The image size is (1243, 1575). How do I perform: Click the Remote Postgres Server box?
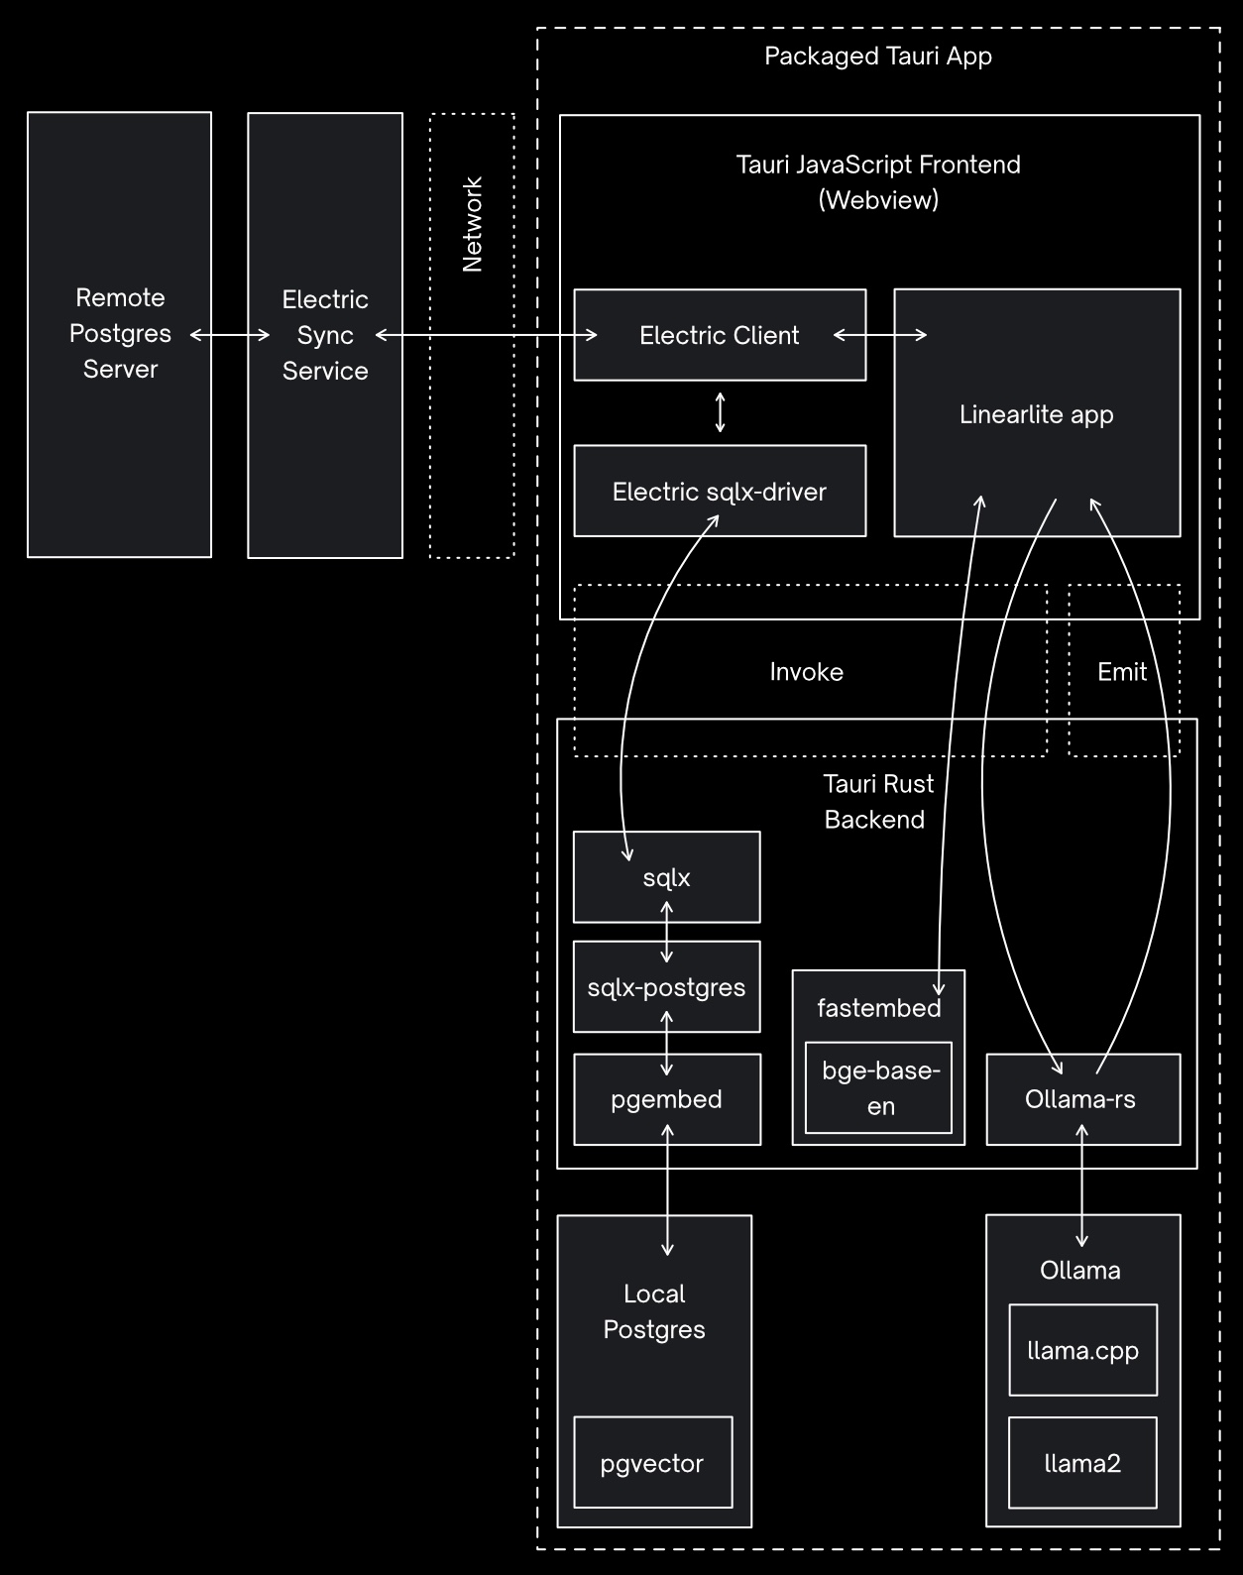coord(119,334)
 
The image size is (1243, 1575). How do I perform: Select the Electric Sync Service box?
coord(324,335)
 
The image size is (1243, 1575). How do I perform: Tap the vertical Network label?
coord(472,225)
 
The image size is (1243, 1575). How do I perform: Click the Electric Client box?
coord(719,335)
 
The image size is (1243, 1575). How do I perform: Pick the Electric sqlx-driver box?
coord(719,492)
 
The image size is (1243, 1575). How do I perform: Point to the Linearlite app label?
coord(1036,414)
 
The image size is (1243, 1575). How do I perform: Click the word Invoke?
coord(806,672)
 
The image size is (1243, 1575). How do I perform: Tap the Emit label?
coord(1122,672)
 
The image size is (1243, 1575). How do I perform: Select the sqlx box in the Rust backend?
coord(666,877)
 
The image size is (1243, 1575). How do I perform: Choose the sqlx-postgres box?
coord(666,987)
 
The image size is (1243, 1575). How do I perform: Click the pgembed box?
coord(666,1099)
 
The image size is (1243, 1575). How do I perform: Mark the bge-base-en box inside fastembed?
coord(879,1087)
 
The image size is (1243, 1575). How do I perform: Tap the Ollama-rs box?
coord(1080,1099)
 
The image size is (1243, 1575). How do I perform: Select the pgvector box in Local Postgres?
coord(652,1463)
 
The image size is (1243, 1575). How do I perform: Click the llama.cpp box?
coord(1082,1350)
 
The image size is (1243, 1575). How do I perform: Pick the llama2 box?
coord(1082,1463)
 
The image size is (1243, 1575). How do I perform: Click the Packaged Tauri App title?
coord(878,56)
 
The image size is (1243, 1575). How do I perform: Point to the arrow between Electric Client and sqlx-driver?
coord(721,412)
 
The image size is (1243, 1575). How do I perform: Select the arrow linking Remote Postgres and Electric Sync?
coord(230,335)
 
